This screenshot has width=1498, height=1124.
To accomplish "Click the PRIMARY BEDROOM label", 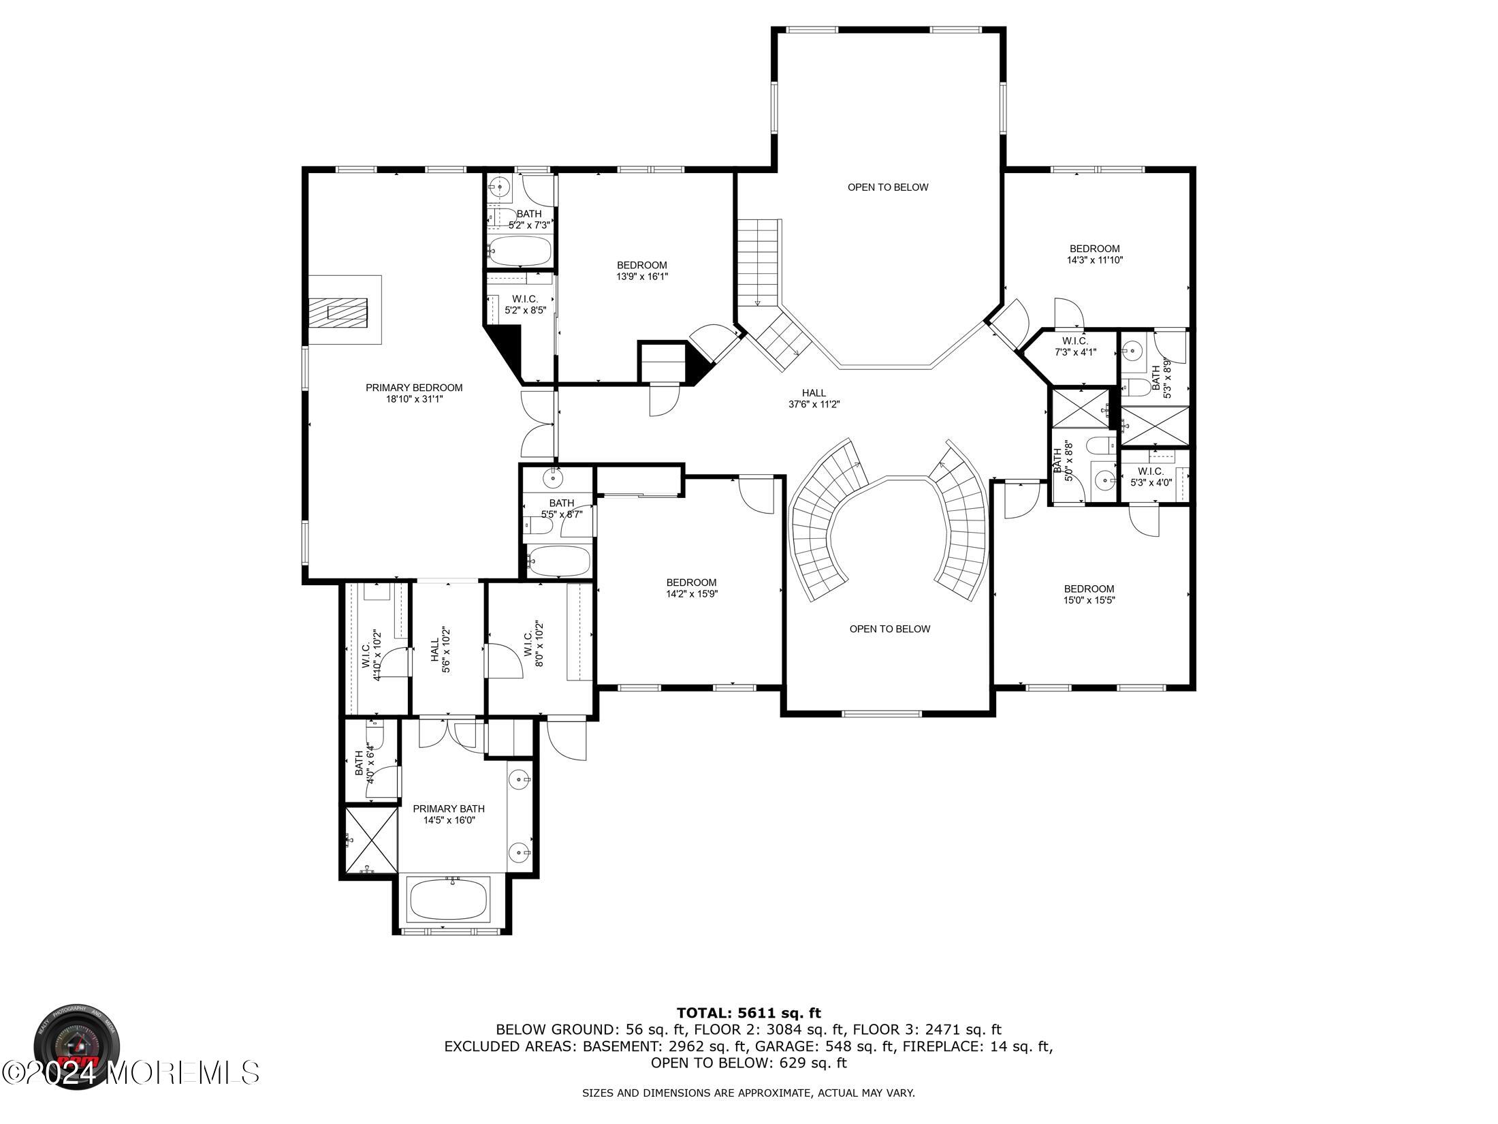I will coord(413,388).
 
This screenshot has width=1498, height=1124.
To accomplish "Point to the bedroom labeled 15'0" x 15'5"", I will coord(1089,594).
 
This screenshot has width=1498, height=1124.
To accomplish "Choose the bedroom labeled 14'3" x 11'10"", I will coord(1094,254).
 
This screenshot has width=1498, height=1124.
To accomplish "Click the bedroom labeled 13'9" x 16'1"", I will coord(641,270).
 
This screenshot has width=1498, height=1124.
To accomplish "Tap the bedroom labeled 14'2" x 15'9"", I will coord(691,588).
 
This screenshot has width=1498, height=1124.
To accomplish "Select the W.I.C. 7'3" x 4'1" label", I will coord(1074,347).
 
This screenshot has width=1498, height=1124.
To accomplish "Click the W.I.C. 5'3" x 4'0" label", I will coord(1150,477).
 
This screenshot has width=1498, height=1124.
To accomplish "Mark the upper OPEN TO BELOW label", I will coord(887,187).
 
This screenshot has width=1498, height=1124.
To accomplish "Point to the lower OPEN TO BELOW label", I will coord(889,629).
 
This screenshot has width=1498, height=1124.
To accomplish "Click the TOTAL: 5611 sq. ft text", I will coord(748,1013).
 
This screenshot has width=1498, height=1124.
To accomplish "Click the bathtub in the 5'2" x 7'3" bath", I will coord(520,251).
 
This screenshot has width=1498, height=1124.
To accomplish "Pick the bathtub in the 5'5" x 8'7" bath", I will coord(559,561).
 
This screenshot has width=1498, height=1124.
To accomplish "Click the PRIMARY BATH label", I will coord(449,814).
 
